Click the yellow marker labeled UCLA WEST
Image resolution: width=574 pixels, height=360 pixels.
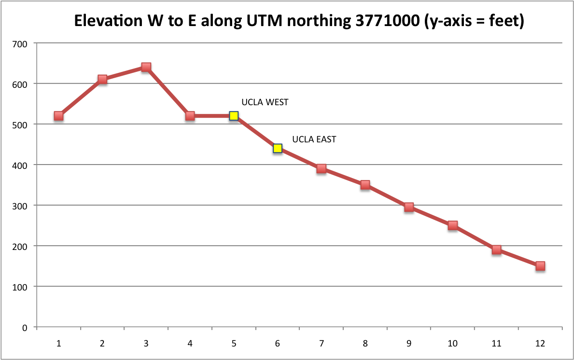coord(234,116)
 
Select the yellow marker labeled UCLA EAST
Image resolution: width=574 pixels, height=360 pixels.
coord(278,148)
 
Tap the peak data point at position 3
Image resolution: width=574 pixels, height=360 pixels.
coord(146,67)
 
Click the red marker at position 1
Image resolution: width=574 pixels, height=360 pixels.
coord(58,116)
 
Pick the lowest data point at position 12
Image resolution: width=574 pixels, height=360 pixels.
coord(540,266)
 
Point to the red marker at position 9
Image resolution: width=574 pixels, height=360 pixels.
coord(409,208)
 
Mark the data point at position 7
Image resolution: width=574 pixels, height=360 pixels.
coord(322,168)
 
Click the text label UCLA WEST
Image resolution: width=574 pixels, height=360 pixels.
coord(265,102)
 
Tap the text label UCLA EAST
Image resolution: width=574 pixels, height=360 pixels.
coord(314,139)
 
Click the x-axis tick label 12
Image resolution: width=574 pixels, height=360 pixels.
coord(540,344)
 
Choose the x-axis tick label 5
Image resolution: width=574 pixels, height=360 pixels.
coord(234,344)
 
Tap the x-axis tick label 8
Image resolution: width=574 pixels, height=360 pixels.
coord(365,344)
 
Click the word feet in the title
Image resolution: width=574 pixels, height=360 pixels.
coord(505,22)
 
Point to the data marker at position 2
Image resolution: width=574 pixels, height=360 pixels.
coord(102,79)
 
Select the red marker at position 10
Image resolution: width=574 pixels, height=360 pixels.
coord(453,225)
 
